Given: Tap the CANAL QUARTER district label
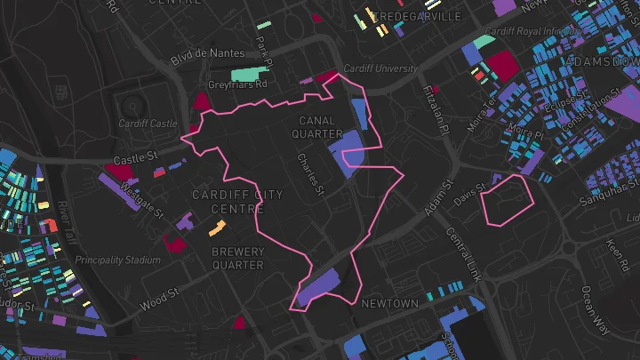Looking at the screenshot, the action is [x=316, y=127].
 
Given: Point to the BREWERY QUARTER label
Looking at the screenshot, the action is [x=238, y=258].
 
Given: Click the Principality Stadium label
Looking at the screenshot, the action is [x=118, y=260].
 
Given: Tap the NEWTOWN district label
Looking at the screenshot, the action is [x=389, y=304].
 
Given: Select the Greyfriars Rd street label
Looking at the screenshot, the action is [x=238, y=85].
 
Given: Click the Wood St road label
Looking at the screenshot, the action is [x=161, y=299].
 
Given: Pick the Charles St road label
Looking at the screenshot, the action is [x=316, y=176].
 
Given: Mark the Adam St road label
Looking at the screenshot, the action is [x=436, y=204].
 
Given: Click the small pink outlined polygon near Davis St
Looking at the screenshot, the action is [x=507, y=200].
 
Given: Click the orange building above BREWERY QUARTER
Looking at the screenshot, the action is [x=217, y=228].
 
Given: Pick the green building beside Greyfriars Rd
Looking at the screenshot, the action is [x=249, y=75].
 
